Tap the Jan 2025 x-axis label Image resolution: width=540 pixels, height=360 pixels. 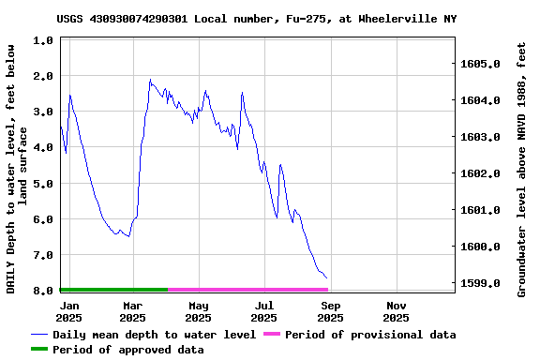coord(69,311)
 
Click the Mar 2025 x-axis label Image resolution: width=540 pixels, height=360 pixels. coord(133,311)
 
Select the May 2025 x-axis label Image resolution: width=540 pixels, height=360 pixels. coord(199,311)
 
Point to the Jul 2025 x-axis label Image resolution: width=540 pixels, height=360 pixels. coord(265,311)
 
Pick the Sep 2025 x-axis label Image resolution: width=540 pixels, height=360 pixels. coord(331,311)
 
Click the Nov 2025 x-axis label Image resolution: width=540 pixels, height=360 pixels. coord(397,311)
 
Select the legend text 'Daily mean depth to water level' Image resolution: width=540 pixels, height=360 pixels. coord(154,335)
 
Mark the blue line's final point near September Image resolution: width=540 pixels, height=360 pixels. coord(327,278)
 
